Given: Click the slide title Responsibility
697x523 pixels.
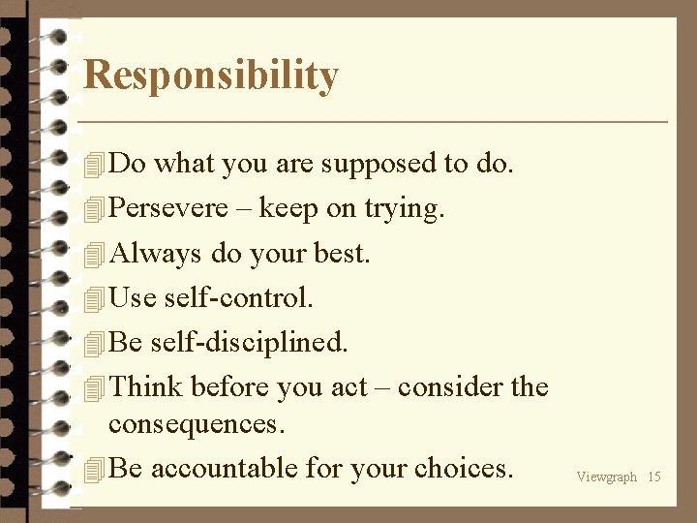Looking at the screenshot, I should point(211,76).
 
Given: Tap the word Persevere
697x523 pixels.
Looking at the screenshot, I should point(168,208).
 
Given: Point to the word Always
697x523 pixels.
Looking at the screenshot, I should point(157,254).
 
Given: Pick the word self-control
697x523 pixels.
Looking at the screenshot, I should point(238,297).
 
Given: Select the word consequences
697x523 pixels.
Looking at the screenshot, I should point(197,424).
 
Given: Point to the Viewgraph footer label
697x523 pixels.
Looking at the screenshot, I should point(607,477).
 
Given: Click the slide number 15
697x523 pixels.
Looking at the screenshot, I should point(654,477).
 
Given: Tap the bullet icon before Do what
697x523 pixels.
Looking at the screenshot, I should point(93,166).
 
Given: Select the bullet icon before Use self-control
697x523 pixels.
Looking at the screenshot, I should point(93,299).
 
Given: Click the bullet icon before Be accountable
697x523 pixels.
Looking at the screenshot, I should point(93,471).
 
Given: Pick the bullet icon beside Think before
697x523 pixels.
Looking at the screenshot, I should point(93,389).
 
